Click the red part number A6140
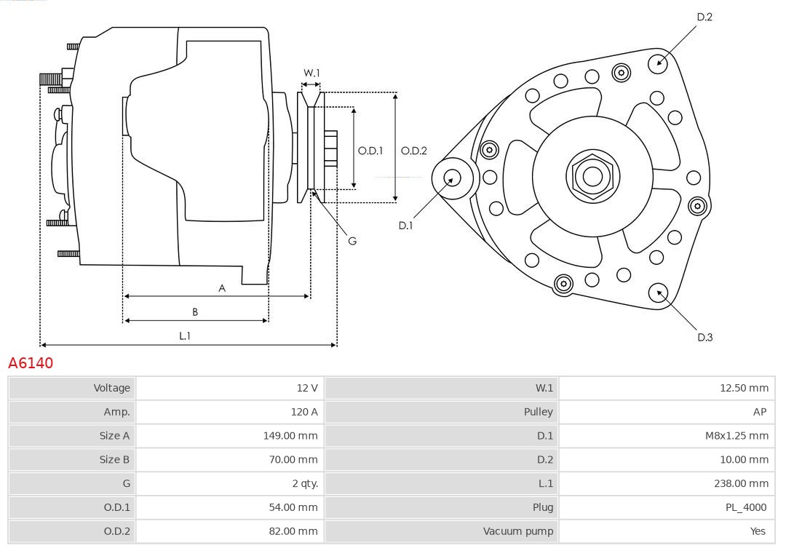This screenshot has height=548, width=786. pyautogui.click(x=31, y=362)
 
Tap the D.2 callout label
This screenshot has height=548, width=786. pyautogui.click(x=704, y=17)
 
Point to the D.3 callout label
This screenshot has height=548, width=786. pyautogui.click(x=704, y=337)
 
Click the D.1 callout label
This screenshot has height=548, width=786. pyautogui.click(x=405, y=226)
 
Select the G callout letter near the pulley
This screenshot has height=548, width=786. pyautogui.click(x=352, y=240)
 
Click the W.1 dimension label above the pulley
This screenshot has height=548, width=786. pyautogui.click(x=311, y=73)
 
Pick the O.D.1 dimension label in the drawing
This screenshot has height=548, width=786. pyautogui.click(x=370, y=151)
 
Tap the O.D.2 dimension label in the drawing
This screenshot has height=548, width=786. pyautogui.click(x=414, y=151)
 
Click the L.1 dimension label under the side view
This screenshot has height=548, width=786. pyautogui.click(x=185, y=335)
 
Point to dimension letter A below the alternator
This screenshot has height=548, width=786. pyautogui.click(x=222, y=288)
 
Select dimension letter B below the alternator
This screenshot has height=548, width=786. pyautogui.click(x=195, y=311)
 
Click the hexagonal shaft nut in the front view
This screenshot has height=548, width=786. pyautogui.click(x=592, y=175)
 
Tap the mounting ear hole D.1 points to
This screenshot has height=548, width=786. pyautogui.click(x=452, y=177)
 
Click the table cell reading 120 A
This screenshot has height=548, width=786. pyautogui.click(x=304, y=412)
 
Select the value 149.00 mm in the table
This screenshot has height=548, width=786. pyautogui.click(x=290, y=436)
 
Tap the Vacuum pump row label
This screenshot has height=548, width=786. pyautogui.click(x=518, y=531)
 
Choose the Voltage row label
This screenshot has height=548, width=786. pyautogui.click(x=111, y=388)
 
